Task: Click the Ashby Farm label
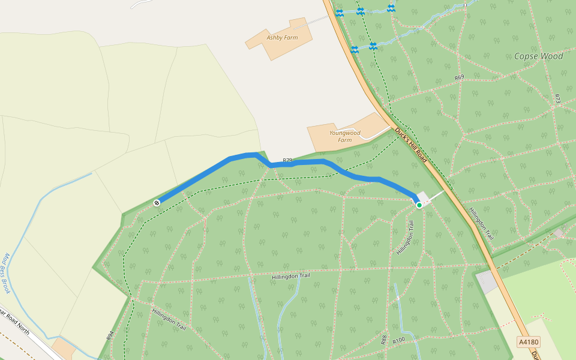[x=282, y=38]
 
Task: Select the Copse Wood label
[x=538, y=56]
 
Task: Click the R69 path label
[x=459, y=77]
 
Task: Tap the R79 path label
[x=287, y=160]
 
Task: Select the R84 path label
[x=110, y=335]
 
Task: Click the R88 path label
[x=383, y=340]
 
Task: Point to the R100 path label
[x=399, y=341]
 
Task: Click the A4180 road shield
[x=529, y=342]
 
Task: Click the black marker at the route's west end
[x=157, y=203]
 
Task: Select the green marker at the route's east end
[x=419, y=205]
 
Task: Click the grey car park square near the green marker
[x=424, y=197]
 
